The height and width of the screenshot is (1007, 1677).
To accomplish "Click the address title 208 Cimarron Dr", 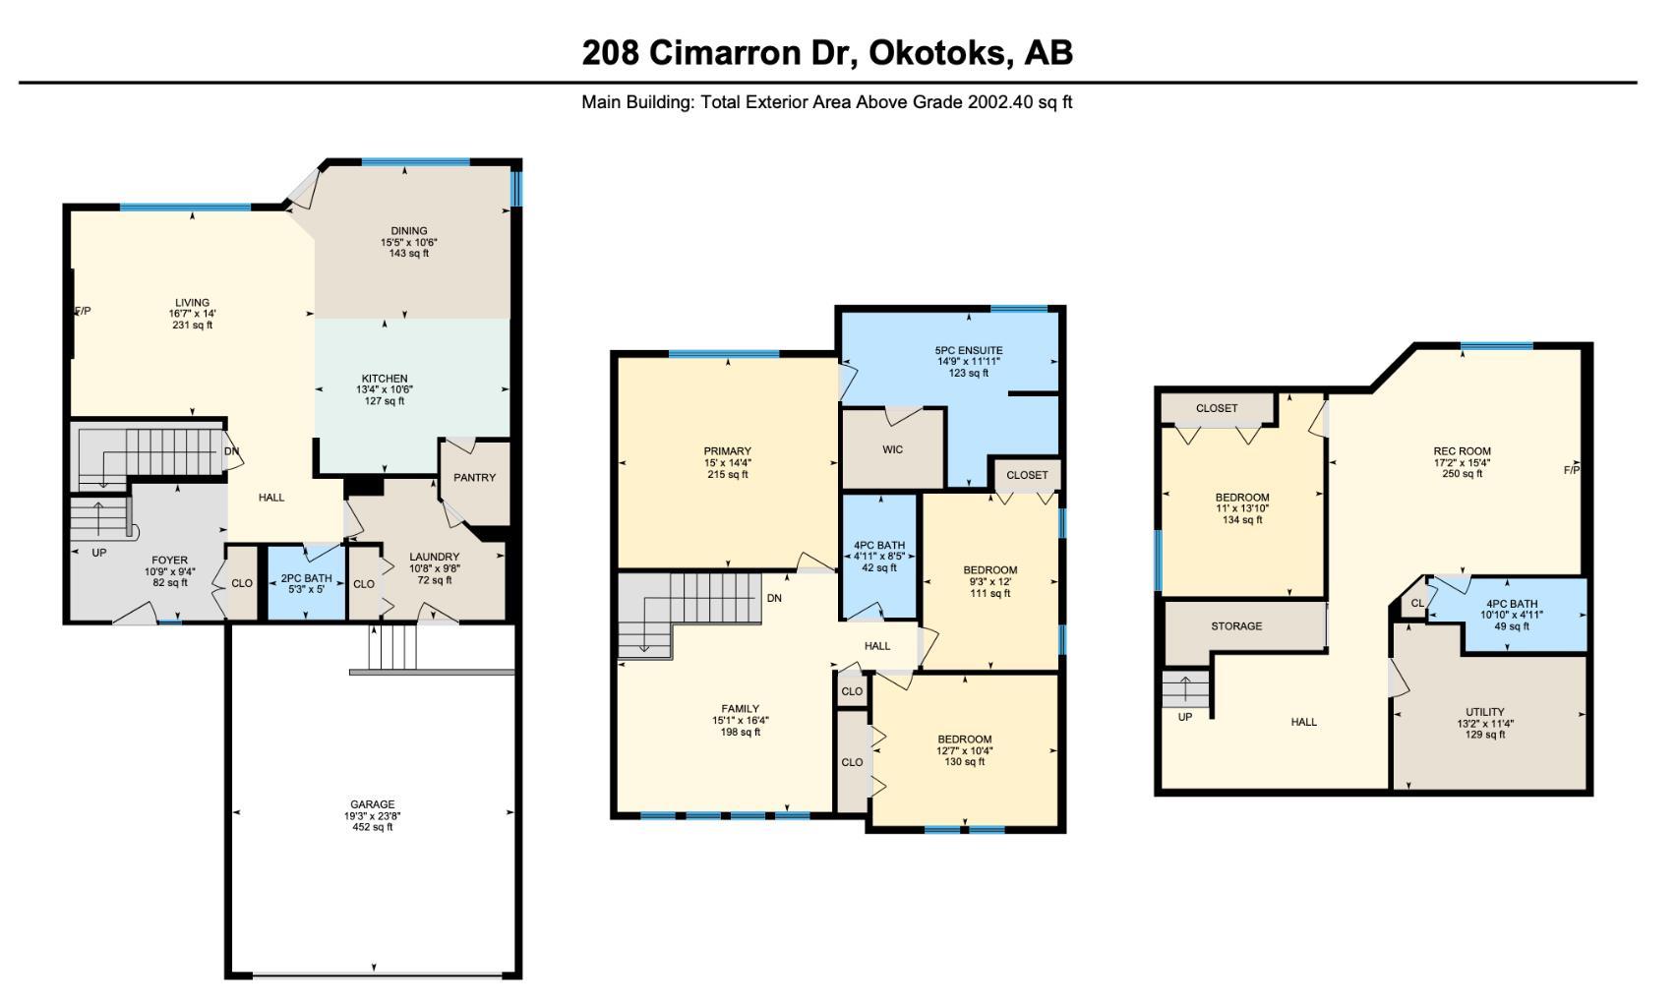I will (826, 52).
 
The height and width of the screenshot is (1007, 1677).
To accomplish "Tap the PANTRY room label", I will (474, 478).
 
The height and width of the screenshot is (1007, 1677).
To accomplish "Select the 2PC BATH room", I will (306, 579).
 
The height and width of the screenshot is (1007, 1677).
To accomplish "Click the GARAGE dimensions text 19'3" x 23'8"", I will (373, 816).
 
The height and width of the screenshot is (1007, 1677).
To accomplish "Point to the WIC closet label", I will (892, 450).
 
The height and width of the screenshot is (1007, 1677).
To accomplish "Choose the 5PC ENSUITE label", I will (969, 351).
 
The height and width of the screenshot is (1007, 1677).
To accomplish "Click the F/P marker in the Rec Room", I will (1572, 470).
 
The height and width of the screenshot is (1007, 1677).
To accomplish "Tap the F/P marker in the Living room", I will (83, 312).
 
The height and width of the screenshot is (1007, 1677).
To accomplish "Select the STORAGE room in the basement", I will (1236, 626).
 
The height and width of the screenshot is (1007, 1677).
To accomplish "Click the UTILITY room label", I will (1484, 712).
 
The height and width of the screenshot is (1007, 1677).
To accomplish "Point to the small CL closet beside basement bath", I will (1417, 604).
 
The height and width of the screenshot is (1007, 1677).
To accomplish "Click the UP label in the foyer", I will (99, 553).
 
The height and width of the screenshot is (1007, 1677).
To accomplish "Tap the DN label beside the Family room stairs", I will (774, 598).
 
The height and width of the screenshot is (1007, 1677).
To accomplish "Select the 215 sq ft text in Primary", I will (728, 475).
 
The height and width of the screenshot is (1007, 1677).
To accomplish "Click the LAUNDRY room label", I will (434, 558).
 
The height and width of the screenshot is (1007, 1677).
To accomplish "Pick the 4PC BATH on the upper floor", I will (878, 546).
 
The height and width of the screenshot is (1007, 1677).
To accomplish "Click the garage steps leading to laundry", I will (392, 647).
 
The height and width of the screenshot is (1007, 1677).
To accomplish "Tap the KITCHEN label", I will (385, 379).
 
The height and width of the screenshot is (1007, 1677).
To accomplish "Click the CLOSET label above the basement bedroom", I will (1217, 408).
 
